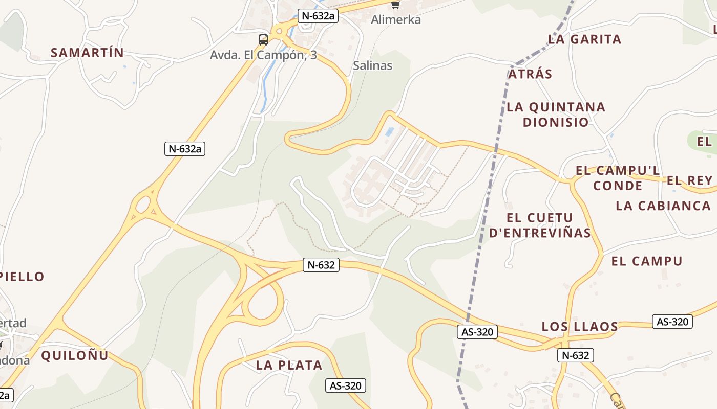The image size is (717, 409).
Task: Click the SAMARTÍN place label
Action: [88, 53]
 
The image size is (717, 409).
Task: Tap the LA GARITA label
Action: [584, 39]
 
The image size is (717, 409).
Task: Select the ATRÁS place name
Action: [530, 74]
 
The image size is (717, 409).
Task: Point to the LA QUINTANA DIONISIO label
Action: [556, 115]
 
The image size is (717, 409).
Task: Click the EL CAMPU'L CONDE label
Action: [618, 177]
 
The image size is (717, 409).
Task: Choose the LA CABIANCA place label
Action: [663, 206]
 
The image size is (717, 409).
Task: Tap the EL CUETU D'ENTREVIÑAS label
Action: [540, 225]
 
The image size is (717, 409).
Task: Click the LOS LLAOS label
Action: [580, 326]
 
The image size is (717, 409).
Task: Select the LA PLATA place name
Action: [289, 365]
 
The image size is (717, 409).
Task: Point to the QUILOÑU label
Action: [75, 355]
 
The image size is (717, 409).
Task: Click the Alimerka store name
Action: [396, 20]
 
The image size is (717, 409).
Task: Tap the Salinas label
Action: [373, 65]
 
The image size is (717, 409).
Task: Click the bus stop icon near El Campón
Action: [263, 39]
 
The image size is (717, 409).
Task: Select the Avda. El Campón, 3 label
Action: [263, 55]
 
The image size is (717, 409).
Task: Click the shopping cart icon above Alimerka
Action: [395, 5]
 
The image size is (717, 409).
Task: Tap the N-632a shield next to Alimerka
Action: [318, 15]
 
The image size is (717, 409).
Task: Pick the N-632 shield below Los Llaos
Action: [576, 355]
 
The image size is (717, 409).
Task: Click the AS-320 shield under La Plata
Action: [346, 385]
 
